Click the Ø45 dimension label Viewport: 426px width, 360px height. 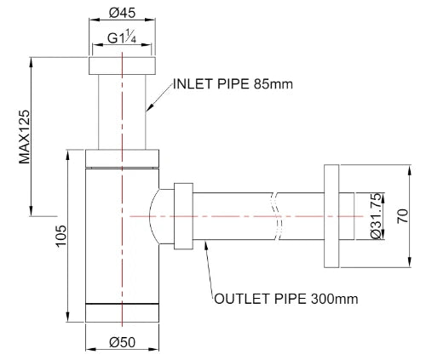pos(122,13)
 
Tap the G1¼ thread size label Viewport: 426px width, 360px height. pos(122,37)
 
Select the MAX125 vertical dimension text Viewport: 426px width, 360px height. pos(25,137)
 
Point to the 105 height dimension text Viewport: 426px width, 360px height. pos(61,236)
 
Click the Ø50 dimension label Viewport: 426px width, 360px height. pos(122,342)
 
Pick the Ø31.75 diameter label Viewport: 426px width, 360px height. pos(376,216)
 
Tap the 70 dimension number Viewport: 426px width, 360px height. pos(402,216)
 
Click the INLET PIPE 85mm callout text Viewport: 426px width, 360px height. pos(233,84)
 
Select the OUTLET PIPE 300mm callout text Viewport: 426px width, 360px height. pos(286,299)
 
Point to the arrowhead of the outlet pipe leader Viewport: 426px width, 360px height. pos(206,243)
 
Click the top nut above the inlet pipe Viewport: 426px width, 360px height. pos(122,66)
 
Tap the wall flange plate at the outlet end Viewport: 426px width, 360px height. pos(331,216)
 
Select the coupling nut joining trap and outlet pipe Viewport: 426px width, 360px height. pos(183,216)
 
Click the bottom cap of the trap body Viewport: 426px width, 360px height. pos(122,313)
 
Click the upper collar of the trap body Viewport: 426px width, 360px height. pos(122,158)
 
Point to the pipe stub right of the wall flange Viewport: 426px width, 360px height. pos(347,216)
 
